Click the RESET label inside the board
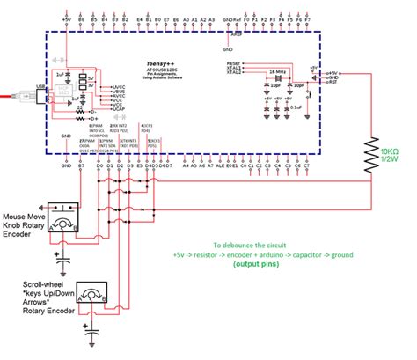coord(234,64)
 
